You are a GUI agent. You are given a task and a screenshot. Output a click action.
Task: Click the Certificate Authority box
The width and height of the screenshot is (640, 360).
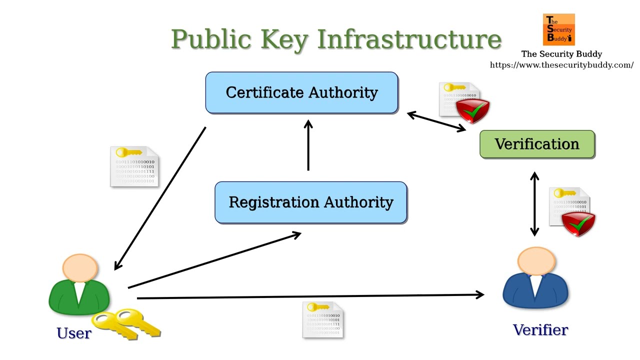coord(301,92)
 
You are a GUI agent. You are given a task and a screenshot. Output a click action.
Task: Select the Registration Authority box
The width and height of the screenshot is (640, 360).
coord(310,202)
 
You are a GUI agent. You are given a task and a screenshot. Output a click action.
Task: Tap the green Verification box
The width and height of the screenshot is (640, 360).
coord(537,144)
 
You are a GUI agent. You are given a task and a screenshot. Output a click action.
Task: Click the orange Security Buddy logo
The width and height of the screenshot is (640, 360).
coord(559,29)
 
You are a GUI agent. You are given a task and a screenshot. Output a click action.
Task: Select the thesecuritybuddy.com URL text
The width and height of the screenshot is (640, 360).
coord(561,65)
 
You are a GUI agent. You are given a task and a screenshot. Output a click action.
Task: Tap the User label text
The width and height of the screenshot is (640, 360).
coord(74,333)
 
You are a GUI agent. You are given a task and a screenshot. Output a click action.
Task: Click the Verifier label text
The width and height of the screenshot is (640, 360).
coord(540,330)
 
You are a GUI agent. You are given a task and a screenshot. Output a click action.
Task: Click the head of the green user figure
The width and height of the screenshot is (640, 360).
coord(80,267)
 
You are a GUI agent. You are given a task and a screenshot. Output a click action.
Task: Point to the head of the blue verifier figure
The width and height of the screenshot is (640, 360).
coord(536,261)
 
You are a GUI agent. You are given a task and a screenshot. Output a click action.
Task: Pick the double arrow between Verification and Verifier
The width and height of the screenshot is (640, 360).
coord(534,204)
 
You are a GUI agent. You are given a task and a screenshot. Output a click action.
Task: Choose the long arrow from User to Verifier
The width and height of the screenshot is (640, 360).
coord(310,296)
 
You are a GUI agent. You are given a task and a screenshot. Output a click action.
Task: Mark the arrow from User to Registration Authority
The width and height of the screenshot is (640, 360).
coord(215,260)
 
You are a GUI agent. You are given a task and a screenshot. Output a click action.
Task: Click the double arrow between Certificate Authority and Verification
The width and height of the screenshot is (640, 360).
coord(436,122)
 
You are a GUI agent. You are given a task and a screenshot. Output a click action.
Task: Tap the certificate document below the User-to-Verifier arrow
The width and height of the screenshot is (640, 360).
coord(323,319)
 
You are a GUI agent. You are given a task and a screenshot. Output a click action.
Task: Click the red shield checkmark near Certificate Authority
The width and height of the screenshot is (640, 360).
coord(472,110)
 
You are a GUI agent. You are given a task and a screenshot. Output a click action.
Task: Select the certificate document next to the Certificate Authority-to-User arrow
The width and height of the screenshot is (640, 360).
coord(134,167)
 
